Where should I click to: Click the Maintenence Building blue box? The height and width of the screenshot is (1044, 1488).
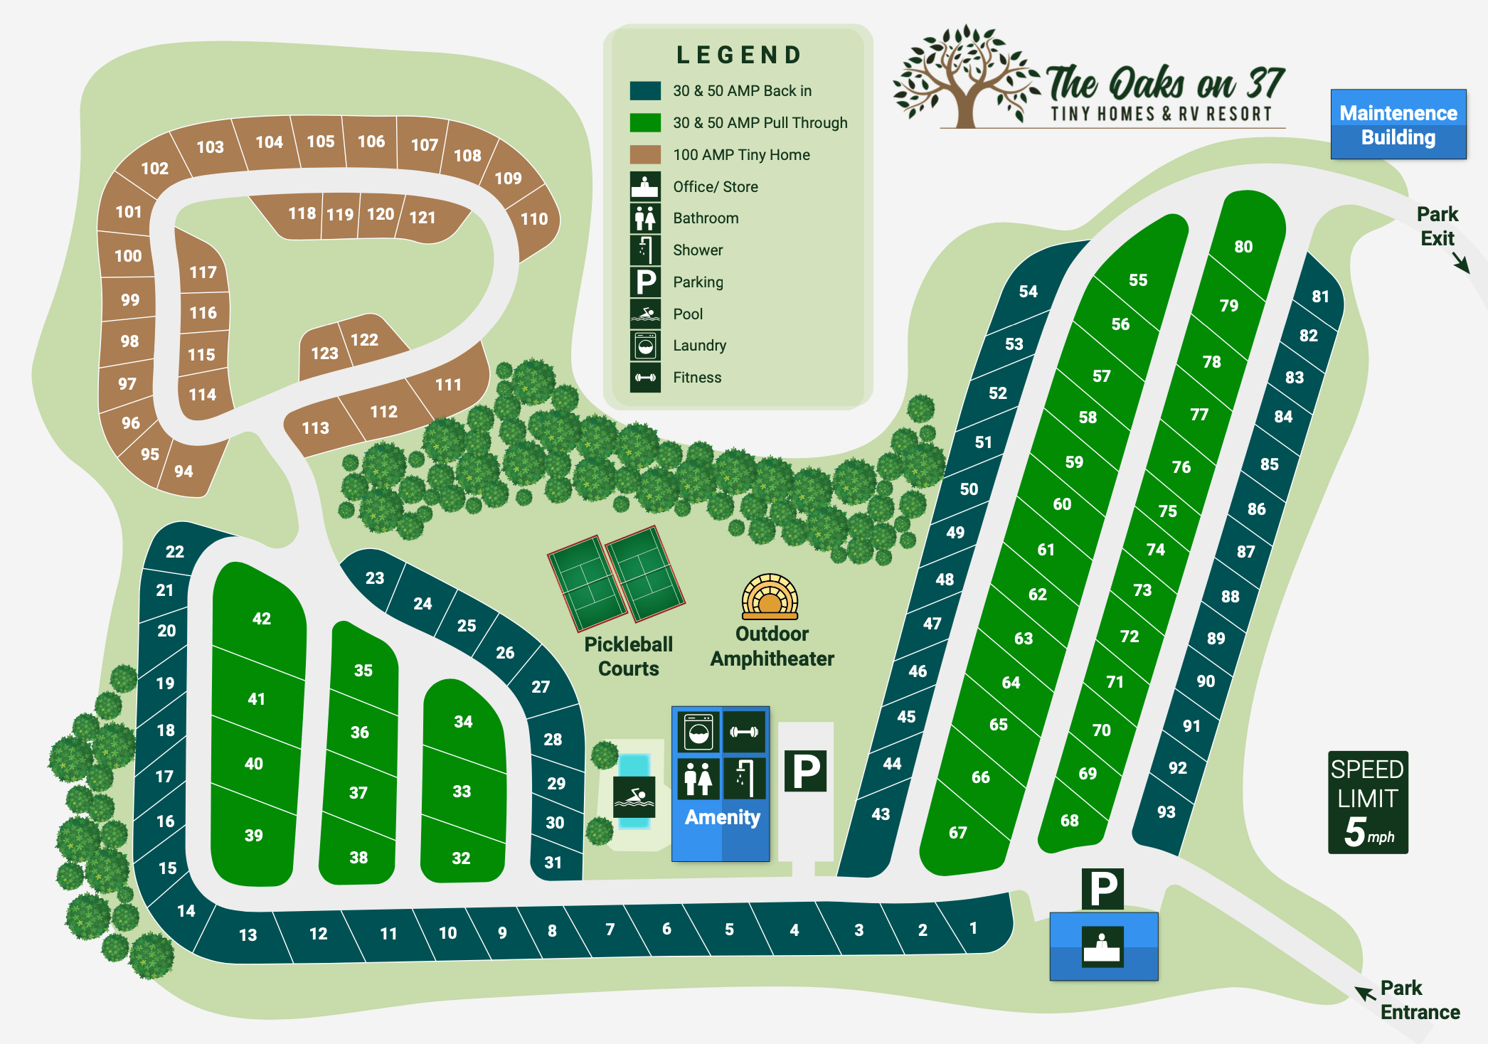coord(1398,124)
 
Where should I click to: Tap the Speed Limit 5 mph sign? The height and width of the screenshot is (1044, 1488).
coord(1367,802)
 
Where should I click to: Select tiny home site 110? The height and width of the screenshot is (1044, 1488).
coord(533,219)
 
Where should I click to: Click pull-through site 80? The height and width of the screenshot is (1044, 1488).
coord(1243,246)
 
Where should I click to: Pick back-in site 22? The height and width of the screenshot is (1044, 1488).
coord(174,551)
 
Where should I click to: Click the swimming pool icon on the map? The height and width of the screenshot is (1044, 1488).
coord(634,797)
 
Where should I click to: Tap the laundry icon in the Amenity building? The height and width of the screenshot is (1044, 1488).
coord(698,732)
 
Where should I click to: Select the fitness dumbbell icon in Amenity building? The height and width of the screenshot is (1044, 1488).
coord(744,732)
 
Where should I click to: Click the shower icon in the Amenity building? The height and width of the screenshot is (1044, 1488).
coord(744,778)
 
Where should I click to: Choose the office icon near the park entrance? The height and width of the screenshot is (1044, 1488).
coord(1102,947)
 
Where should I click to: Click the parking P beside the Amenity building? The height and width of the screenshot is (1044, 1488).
coord(805,771)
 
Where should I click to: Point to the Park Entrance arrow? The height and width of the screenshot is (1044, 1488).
coord(1364,993)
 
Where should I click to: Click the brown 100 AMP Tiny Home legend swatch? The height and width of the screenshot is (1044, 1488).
coord(644,154)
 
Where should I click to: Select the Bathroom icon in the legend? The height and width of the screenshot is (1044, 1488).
coord(644,218)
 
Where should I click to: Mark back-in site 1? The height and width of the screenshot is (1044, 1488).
coord(974,928)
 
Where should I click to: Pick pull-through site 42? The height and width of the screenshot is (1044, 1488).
coord(261,618)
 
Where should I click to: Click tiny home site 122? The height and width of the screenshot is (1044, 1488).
coord(365,340)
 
